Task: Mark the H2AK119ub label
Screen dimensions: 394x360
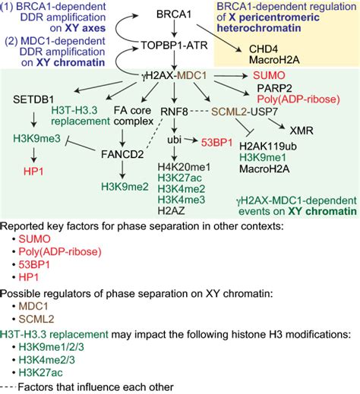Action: pos(266,146)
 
